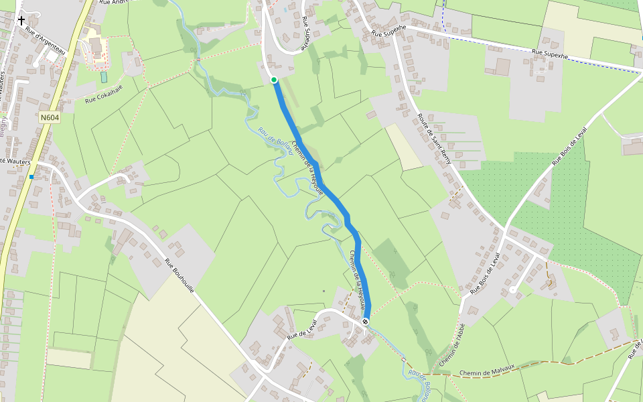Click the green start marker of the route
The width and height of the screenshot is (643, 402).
274,80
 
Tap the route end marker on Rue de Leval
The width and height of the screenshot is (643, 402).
366,322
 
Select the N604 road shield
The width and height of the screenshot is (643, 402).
50,118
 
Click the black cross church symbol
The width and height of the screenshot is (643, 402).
21,20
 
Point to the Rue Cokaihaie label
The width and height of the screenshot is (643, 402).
104,94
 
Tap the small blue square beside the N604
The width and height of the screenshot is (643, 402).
31,177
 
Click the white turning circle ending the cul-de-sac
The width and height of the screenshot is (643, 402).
512,290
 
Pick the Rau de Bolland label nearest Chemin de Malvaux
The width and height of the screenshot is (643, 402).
418,383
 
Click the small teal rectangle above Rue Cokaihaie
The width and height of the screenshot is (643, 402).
104,77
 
